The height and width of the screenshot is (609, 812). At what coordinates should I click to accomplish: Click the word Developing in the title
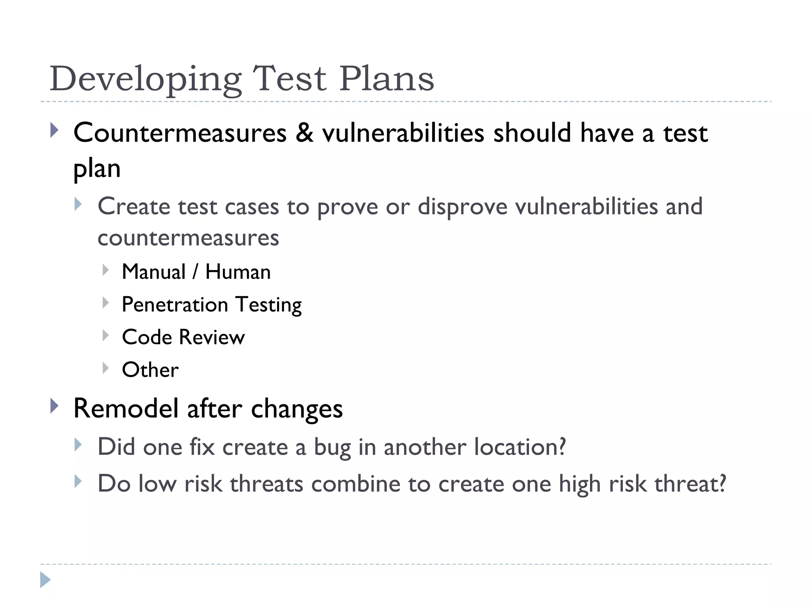pyautogui.click(x=145, y=79)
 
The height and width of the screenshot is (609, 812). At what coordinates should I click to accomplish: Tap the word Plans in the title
pyautogui.click(x=387, y=79)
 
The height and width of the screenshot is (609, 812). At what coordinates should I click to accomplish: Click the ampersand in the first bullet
pyautogui.click(x=304, y=132)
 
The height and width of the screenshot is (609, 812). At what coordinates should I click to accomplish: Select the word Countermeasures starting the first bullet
pyautogui.click(x=180, y=133)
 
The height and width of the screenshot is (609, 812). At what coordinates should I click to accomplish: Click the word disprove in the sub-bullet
pyautogui.click(x=462, y=207)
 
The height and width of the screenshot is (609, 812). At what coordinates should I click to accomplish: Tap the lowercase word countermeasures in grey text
pyautogui.click(x=188, y=238)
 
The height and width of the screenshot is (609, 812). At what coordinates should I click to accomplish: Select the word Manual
pyautogui.click(x=154, y=272)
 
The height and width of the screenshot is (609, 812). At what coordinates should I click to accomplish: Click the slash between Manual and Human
pyautogui.click(x=195, y=272)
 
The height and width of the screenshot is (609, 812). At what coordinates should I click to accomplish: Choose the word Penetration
pyautogui.click(x=175, y=304)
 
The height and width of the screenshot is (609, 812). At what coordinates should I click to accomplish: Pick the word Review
pyautogui.click(x=212, y=337)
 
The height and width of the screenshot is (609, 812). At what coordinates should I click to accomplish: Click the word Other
pyautogui.click(x=150, y=370)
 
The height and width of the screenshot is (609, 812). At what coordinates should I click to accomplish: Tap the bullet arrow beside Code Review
pyautogui.click(x=105, y=336)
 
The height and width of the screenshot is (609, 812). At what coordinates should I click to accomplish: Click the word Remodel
pyautogui.click(x=126, y=409)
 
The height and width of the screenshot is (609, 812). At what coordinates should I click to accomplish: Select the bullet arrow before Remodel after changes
pyautogui.click(x=55, y=406)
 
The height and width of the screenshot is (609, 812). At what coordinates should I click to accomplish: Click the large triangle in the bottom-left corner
pyautogui.click(x=45, y=580)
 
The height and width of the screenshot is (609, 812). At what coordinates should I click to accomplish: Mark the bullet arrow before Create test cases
pyautogui.click(x=78, y=205)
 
